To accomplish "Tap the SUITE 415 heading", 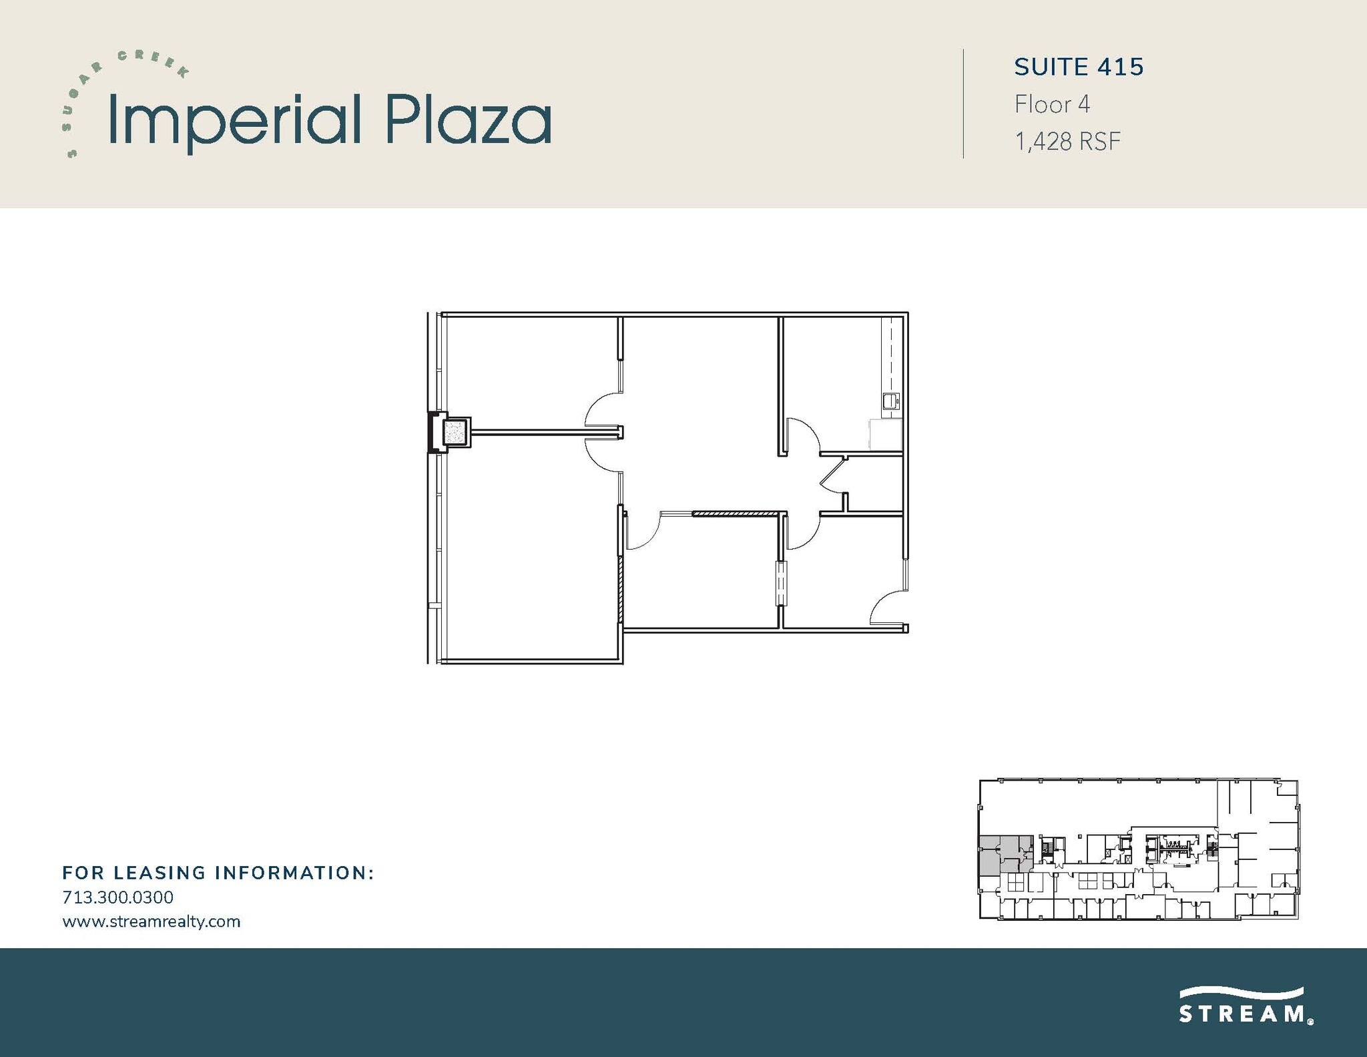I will (x=1079, y=67).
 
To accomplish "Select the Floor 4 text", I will (x=1052, y=104).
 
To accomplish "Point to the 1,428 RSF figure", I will (x=1067, y=142).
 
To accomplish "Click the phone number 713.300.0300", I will (x=117, y=897).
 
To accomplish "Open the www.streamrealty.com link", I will (x=151, y=921).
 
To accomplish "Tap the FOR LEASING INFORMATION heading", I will (x=218, y=873).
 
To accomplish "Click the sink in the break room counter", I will (x=890, y=401).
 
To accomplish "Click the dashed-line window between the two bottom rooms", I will (x=781, y=584).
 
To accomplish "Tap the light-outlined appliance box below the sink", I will (x=885, y=435).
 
